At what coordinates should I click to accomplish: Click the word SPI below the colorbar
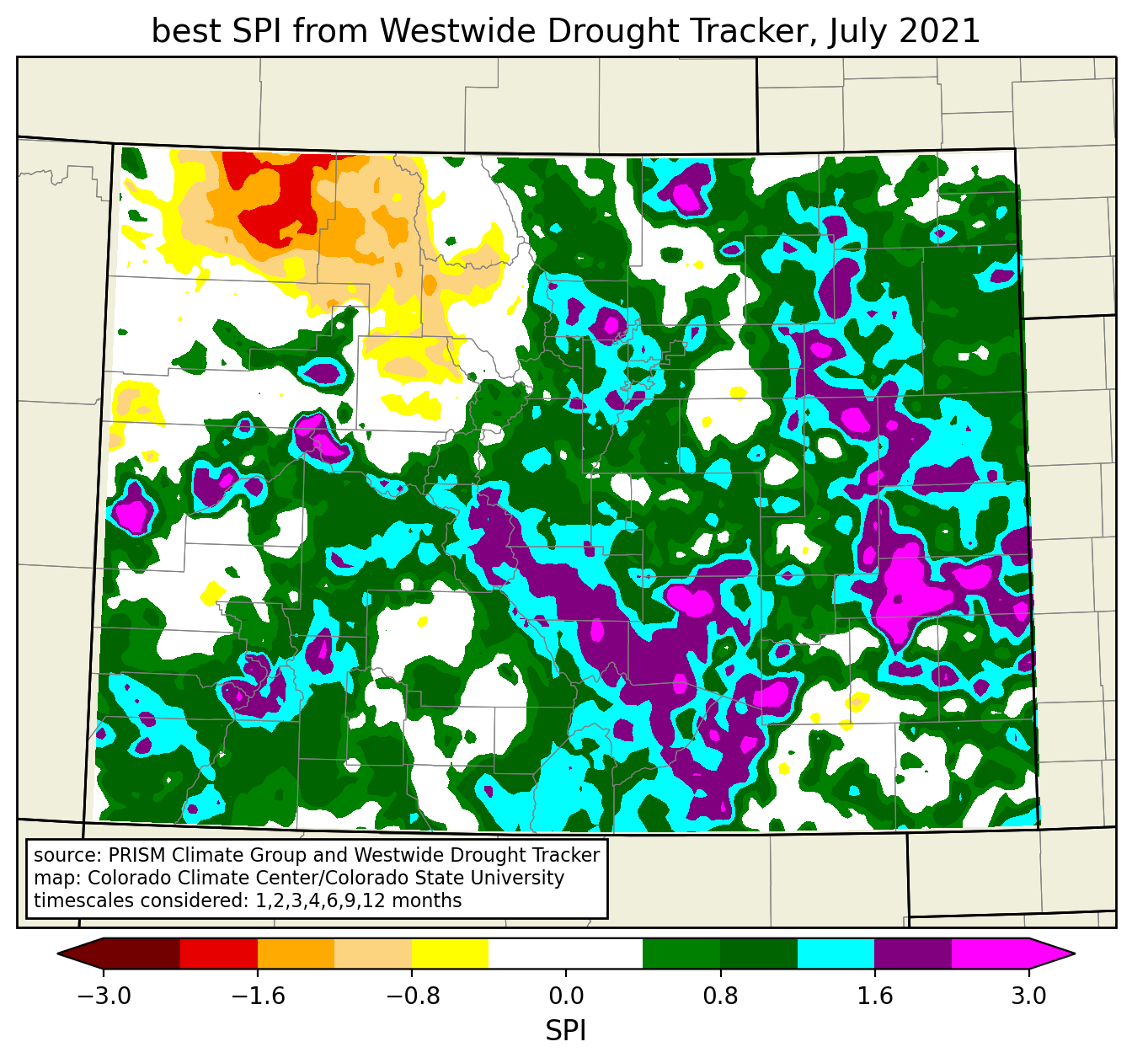click(x=565, y=1031)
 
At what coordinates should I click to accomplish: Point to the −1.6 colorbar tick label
click(x=257, y=997)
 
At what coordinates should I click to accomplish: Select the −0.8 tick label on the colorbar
click(x=411, y=997)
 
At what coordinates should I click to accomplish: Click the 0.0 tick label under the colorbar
click(x=566, y=997)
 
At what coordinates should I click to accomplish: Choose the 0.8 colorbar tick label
click(x=720, y=997)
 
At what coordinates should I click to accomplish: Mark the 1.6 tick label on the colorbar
click(x=874, y=997)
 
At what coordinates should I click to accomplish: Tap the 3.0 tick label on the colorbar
click(x=1028, y=997)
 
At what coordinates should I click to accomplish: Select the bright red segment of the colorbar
click(x=218, y=954)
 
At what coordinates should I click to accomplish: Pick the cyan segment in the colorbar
click(x=836, y=954)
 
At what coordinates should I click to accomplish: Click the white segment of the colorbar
click(x=565, y=954)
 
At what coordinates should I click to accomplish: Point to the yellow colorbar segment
click(x=450, y=954)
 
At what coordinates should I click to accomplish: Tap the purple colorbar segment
click(x=913, y=954)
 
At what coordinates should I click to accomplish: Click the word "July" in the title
click(x=853, y=32)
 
